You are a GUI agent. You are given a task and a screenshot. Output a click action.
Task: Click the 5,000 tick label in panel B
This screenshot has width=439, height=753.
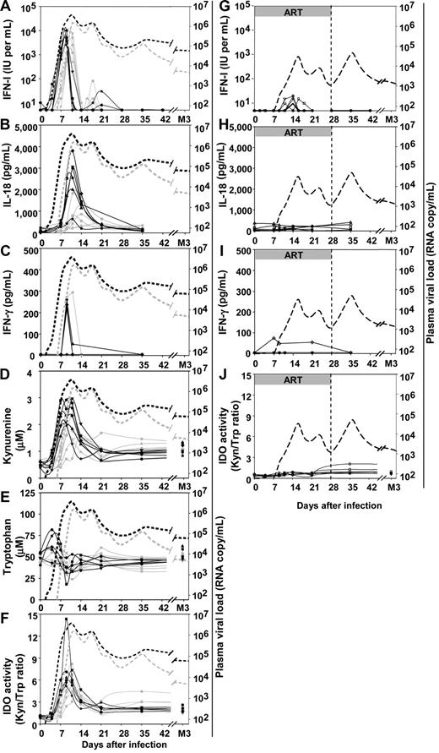(x=24, y=128)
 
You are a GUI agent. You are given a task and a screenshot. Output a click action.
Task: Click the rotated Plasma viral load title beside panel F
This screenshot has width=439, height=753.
(x=223, y=608)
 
